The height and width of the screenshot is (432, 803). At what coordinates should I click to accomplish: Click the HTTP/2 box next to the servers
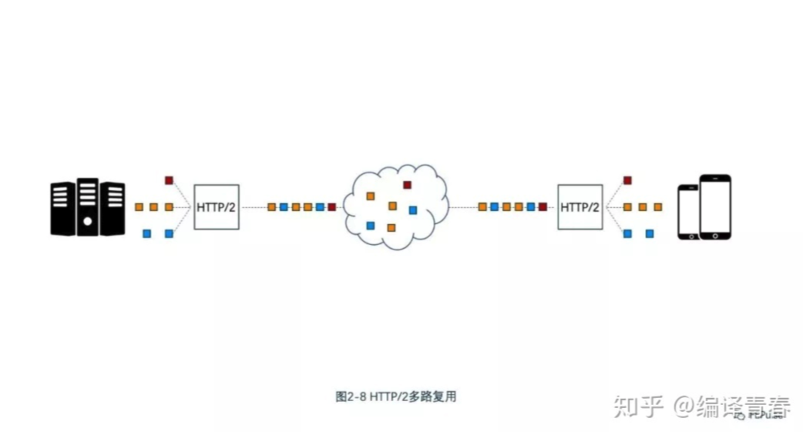(217, 206)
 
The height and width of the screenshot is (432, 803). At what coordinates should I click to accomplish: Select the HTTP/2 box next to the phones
(580, 206)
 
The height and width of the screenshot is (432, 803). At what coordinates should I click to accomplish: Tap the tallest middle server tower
(87, 206)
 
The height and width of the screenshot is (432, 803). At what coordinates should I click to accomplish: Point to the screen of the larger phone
(715, 206)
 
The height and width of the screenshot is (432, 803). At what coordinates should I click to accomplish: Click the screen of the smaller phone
(689, 209)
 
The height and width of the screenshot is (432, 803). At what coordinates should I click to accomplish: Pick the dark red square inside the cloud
(406, 184)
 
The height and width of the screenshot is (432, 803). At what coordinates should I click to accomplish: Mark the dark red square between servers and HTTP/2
(169, 180)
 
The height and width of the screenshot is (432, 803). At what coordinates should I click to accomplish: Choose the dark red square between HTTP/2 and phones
(627, 180)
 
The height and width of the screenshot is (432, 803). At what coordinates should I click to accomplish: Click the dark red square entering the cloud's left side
(331, 207)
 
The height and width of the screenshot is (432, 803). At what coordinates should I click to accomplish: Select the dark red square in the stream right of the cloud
(543, 207)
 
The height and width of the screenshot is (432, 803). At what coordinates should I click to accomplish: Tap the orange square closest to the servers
(139, 207)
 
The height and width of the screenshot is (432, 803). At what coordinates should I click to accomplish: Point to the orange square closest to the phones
(657, 207)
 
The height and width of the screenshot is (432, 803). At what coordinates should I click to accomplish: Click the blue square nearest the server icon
(146, 233)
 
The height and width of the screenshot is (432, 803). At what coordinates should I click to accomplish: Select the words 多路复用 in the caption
(438, 397)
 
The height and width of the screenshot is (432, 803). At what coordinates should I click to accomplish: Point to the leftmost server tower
(62, 208)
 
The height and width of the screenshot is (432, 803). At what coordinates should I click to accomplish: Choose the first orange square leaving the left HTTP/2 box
(271, 207)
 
